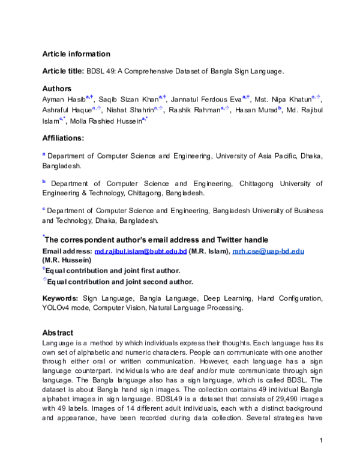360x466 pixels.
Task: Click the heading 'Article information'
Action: pos(76,54)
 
